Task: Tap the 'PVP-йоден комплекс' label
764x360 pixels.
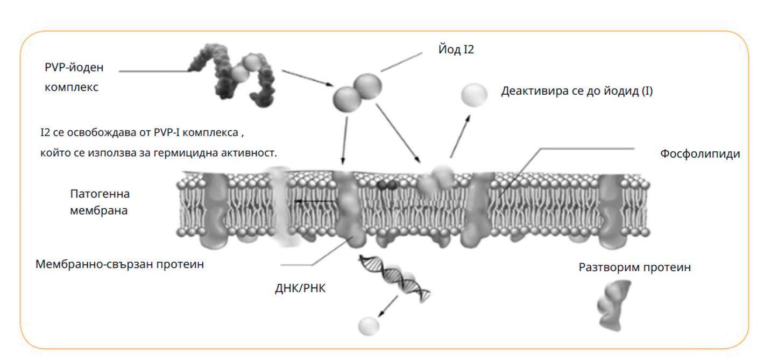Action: click(x=74, y=77)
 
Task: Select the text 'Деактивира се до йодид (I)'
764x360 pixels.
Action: click(x=577, y=91)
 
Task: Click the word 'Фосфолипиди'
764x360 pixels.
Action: click(x=700, y=154)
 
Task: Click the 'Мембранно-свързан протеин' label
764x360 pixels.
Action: click(x=119, y=265)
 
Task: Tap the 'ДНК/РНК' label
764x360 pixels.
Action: click(x=300, y=288)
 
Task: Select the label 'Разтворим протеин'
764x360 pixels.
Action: click(x=634, y=267)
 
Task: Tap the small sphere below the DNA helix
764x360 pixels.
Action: click(x=369, y=325)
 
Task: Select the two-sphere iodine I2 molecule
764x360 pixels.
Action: click(x=357, y=91)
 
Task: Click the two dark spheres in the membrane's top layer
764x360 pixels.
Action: click(x=387, y=185)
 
